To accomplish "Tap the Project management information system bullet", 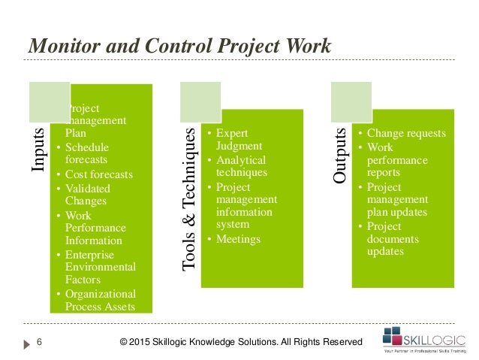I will pyautogui.click(x=245, y=205).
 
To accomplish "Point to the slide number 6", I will pyautogui.click(x=39, y=343).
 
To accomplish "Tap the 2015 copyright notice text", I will pyautogui.click(x=241, y=343).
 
